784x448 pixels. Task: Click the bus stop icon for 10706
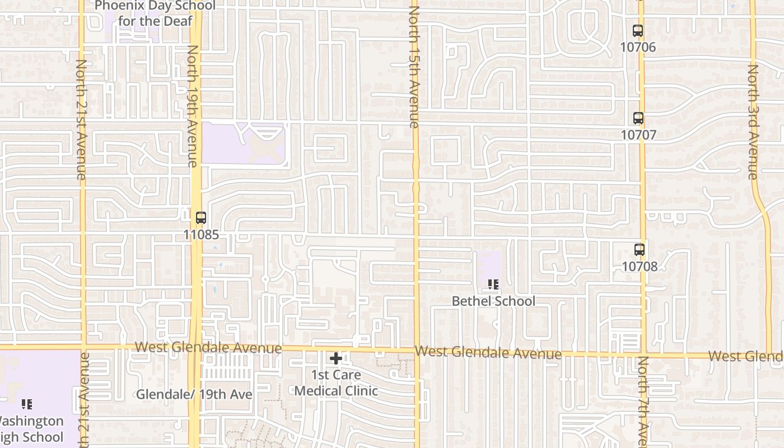pyautogui.click(x=638, y=31)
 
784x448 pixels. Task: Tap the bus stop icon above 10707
pyautogui.click(x=638, y=118)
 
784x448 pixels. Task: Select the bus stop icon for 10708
pyautogui.click(x=639, y=250)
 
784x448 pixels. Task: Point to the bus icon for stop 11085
pyautogui.click(x=201, y=218)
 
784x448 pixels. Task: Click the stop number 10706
pyautogui.click(x=638, y=47)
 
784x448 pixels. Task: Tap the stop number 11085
pyautogui.click(x=201, y=235)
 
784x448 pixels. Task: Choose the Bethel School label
pyautogui.click(x=493, y=301)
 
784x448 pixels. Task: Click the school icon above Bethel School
pyautogui.click(x=493, y=284)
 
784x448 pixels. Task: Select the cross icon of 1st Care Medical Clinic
pyautogui.click(x=336, y=358)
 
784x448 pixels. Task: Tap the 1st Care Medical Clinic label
pyautogui.click(x=336, y=382)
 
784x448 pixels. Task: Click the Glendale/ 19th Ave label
pyautogui.click(x=194, y=394)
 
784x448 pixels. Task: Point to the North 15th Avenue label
pyautogui.click(x=414, y=67)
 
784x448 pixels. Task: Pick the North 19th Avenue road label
pyautogui.click(x=193, y=106)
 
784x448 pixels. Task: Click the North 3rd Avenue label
pyautogui.click(x=753, y=122)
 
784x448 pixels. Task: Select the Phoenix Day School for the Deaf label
pyautogui.click(x=155, y=13)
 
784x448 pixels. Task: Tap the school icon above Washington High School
pyautogui.click(x=26, y=404)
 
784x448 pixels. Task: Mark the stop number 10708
pyautogui.click(x=640, y=267)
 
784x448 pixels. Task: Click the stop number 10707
pyautogui.click(x=638, y=135)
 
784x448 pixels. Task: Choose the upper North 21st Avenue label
pyautogui.click(x=81, y=120)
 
